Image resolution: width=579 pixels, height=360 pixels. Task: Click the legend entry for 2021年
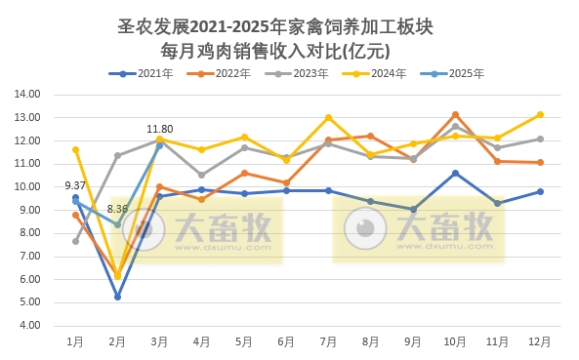tap(148, 73)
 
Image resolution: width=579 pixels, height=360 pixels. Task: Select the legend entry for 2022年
tap(227, 73)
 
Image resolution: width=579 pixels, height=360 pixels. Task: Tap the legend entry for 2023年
tap(307, 73)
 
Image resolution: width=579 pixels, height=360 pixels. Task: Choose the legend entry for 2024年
tap(386, 73)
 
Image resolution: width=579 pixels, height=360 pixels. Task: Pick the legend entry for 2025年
tap(465, 73)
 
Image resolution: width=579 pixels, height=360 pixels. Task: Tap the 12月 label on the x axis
tap(539, 341)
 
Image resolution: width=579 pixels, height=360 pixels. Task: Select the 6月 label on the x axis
tap(286, 341)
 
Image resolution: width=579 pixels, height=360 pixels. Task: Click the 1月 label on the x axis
tap(75, 341)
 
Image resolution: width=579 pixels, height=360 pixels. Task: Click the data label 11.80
tap(159, 129)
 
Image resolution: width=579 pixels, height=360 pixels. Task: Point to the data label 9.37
tap(76, 185)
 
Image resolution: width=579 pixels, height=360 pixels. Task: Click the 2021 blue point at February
tap(117, 297)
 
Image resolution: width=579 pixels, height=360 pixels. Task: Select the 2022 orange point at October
tap(455, 115)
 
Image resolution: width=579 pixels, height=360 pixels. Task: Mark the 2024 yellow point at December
tap(540, 114)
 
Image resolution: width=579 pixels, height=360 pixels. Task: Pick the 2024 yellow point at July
tap(328, 118)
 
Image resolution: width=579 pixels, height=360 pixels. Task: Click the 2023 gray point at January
tap(75, 241)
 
